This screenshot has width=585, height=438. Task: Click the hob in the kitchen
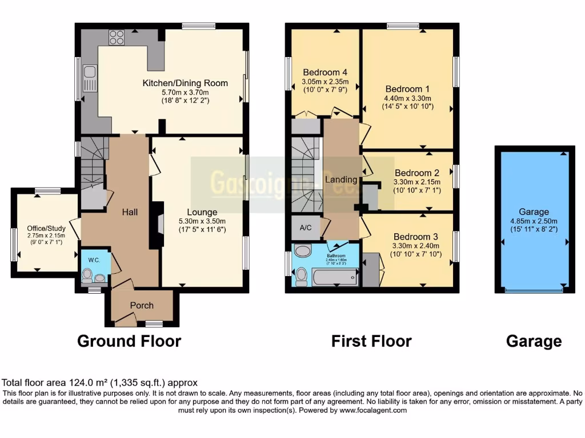coord(117,37)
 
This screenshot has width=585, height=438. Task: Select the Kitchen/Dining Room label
coord(185,83)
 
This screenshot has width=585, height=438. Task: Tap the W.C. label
coord(94,260)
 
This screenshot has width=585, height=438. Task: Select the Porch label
coord(142,305)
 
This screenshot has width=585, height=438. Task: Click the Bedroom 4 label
coord(325,72)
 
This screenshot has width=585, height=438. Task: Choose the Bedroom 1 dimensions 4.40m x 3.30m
coord(407,98)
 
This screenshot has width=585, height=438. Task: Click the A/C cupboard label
coord(306,228)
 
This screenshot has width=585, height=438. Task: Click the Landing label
coord(341,180)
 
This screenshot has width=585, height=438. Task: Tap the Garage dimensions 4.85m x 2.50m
coord(534,221)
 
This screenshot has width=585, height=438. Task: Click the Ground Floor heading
coord(129,341)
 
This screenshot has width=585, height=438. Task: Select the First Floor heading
coord(371,341)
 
